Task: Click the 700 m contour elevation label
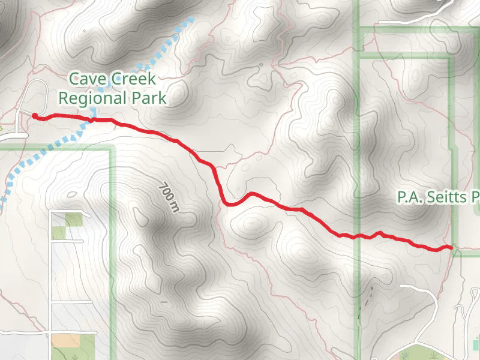[x=169, y=197]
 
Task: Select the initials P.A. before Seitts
[x=410, y=197]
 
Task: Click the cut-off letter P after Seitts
[x=476, y=197]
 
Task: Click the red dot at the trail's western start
[x=35, y=116]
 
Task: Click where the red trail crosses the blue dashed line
[x=93, y=119]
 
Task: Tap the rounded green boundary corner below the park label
[x=109, y=149]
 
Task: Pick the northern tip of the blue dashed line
[x=192, y=19]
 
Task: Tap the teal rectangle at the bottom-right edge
[x=476, y=344]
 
